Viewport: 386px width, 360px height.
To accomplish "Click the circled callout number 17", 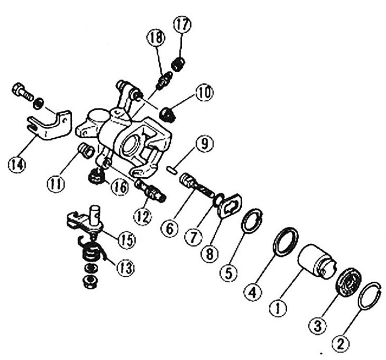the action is click(x=182, y=24).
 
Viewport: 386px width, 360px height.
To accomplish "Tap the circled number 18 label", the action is click(x=156, y=38).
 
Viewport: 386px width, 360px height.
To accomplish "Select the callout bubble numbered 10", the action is click(x=204, y=93).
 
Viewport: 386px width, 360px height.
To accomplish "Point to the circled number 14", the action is click(x=17, y=164).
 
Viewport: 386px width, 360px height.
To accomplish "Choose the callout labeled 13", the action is click(x=125, y=268).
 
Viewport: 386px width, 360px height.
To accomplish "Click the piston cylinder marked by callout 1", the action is click(x=317, y=262).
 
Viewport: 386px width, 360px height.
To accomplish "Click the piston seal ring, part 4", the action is click(x=286, y=242).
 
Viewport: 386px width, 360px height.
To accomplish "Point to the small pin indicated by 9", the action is click(x=171, y=171).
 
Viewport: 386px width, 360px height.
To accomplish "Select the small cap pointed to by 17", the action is click(x=178, y=64).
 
